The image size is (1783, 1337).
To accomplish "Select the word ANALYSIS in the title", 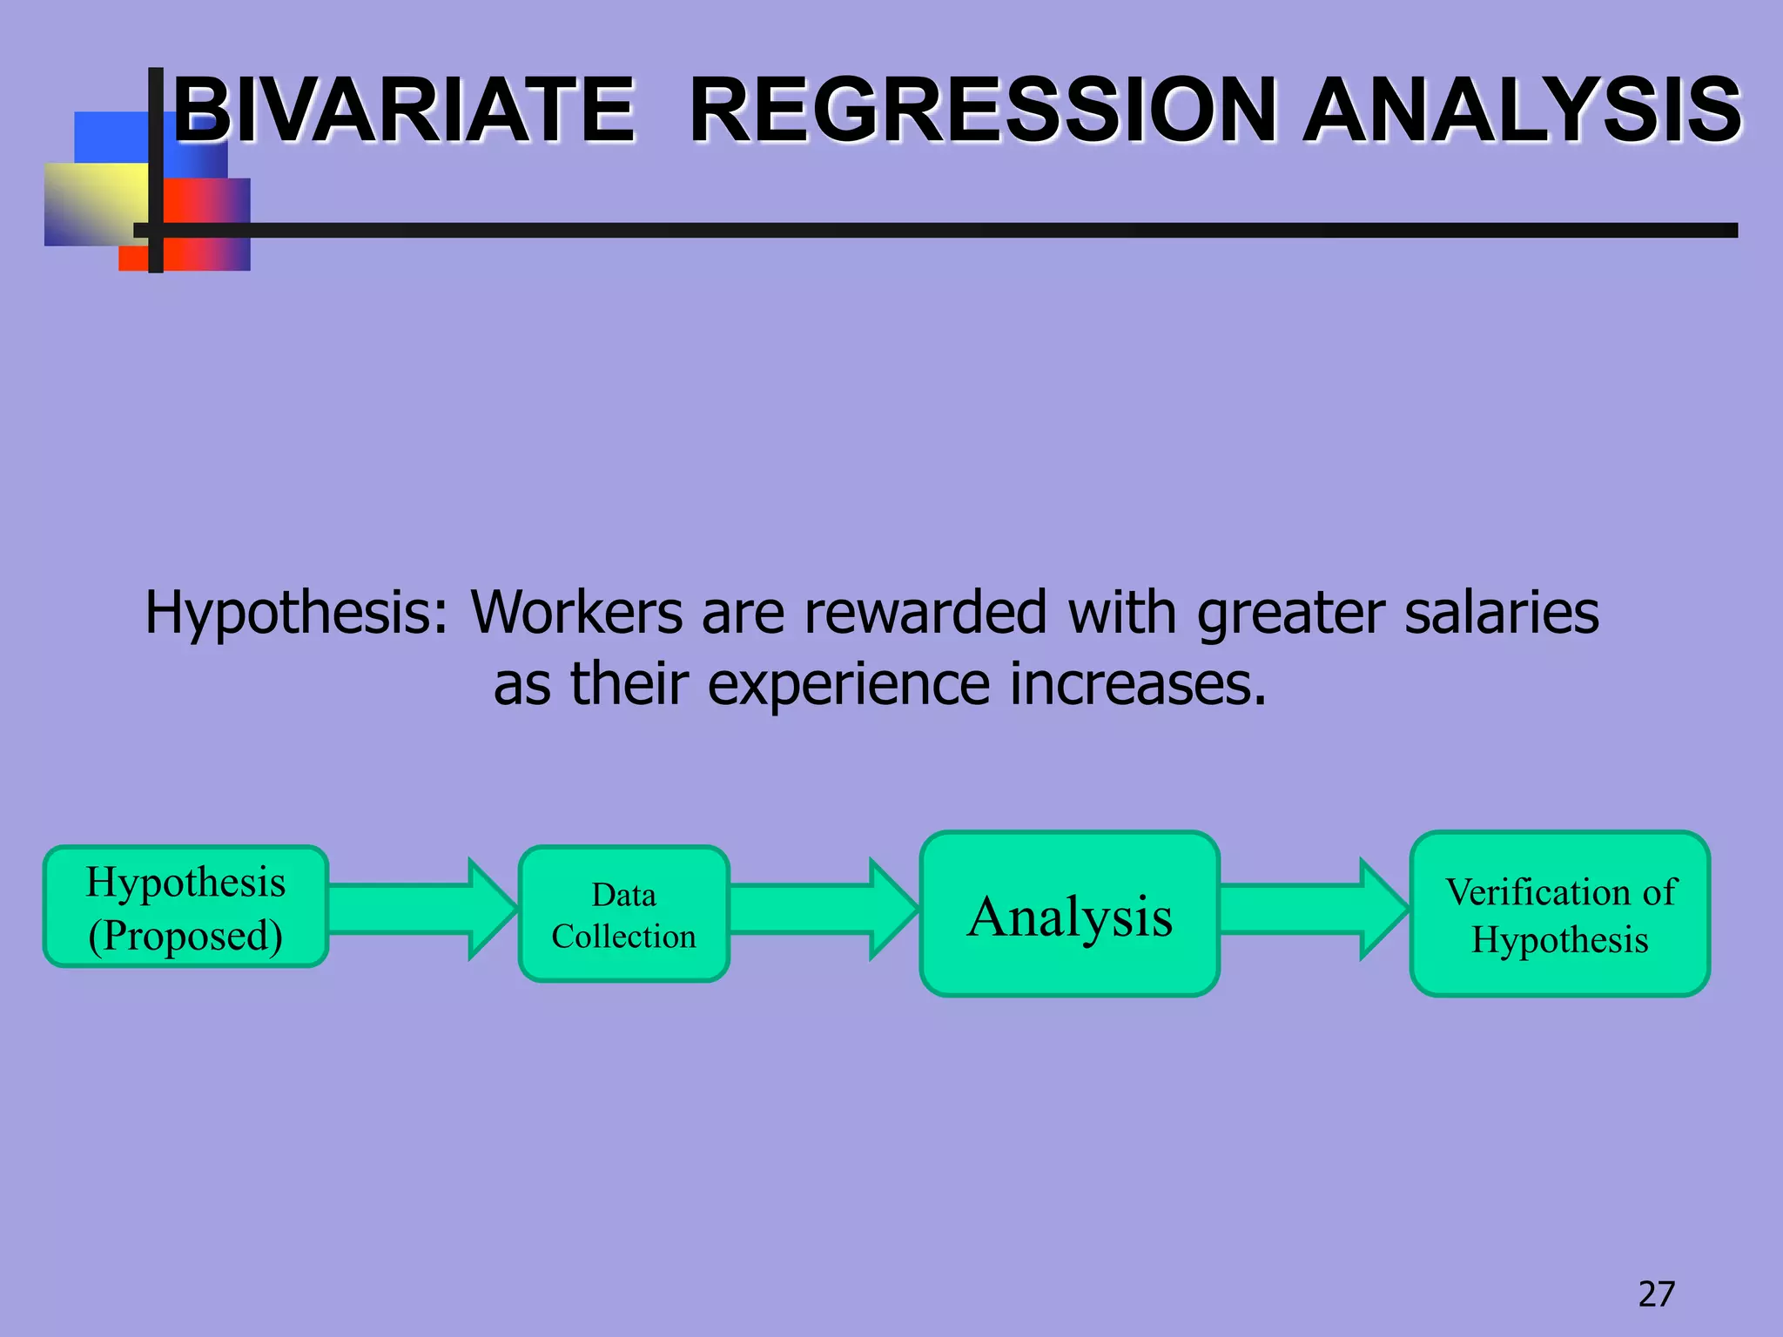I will point(1522,111).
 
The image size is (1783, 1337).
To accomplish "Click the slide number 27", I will point(1656,1294).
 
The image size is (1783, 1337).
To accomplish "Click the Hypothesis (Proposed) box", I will point(185,907).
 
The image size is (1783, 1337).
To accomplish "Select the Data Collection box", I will point(623,914).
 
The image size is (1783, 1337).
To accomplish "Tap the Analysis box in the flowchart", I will point(1069,914).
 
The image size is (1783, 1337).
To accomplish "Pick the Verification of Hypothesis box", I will point(1559,914).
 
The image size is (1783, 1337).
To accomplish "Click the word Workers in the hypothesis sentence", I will point(576,612).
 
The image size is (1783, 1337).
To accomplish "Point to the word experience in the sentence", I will point(848,685).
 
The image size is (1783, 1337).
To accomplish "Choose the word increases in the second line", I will point(1137,685).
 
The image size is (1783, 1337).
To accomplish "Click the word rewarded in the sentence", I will point(925,612).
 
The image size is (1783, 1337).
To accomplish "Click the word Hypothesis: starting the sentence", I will point(296,614).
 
